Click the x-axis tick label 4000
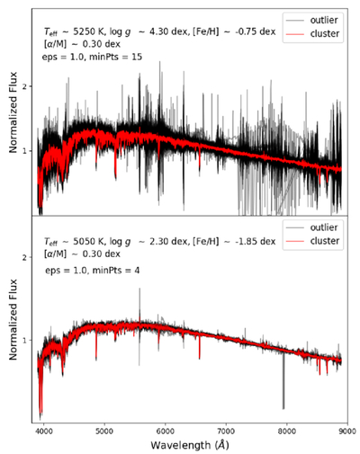point(44,431)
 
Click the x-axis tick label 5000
point(104,431)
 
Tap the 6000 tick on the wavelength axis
point(166,431)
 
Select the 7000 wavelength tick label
point(226,431)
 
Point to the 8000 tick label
point(287,431)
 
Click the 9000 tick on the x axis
point(347,431)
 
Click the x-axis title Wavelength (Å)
point(190,444)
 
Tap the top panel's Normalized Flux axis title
point(13,112)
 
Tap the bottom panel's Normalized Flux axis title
point(13,319)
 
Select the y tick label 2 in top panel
point(26,86)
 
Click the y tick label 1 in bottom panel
point(26,341)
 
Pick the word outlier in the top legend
point(324,20)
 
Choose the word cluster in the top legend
point(325,33)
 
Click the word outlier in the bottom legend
point(324,227)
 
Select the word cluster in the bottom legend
point(325,241)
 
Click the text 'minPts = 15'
point(117,57)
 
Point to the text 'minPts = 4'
point(116,271)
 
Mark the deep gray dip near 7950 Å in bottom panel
point(283,381)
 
